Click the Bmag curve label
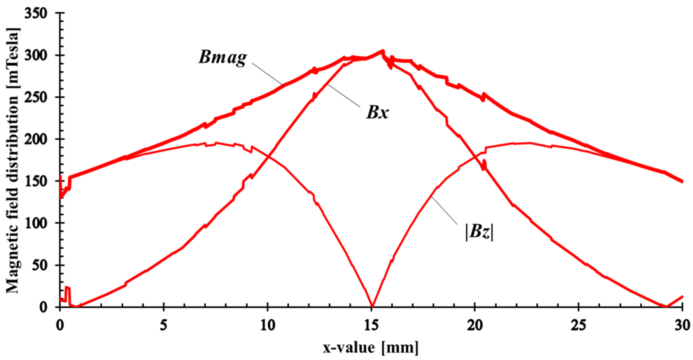click(223, 58)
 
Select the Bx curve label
click(378, 113)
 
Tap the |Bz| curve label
click(479, 232)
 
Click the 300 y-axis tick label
click(38, 55)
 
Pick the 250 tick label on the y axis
click(38, 97)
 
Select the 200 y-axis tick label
click(38, 139)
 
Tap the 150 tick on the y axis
click(38, 181)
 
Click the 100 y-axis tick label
click(38, 223)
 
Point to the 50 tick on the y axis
click(42, 265)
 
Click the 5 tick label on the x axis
click(164, 326)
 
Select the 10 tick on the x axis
click(267, 326)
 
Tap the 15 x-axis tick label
click(371, 326)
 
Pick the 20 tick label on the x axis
click(475, 326)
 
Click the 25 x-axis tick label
click(579, 326)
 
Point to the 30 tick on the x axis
click(682, 326)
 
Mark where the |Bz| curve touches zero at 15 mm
click(372, 306)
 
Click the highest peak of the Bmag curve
click(382, 51)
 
